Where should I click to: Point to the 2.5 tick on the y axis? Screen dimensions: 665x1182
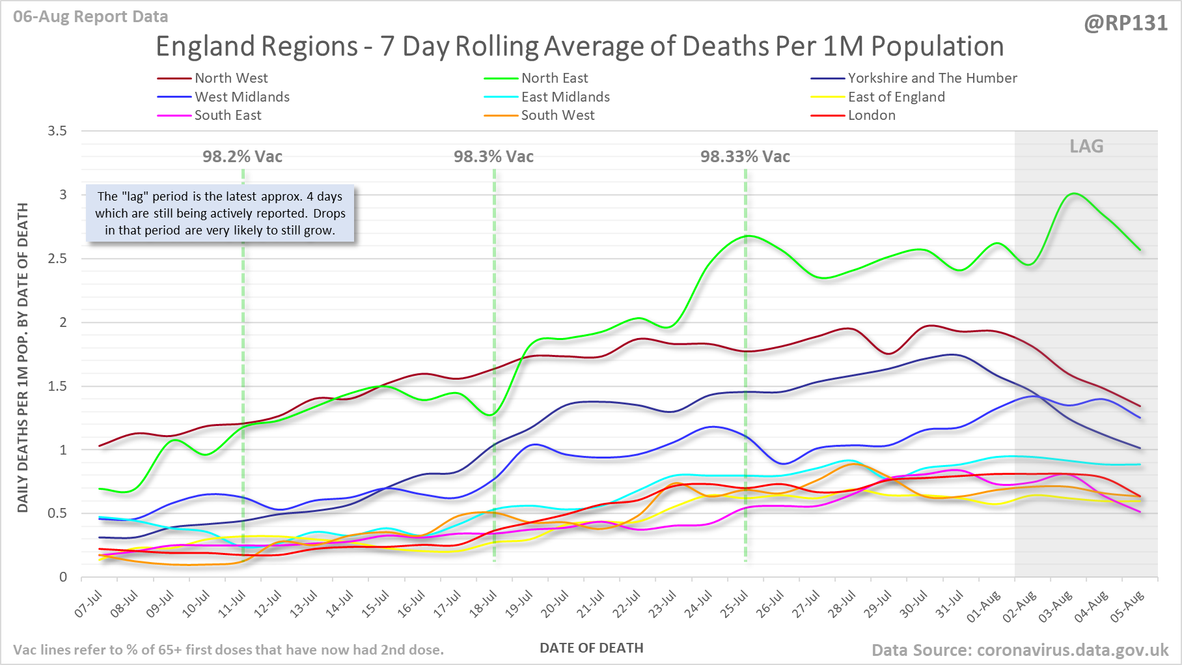point(58,259)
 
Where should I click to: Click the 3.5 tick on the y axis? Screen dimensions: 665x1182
point(58,131)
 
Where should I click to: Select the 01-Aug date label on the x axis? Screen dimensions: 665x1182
point(983,607)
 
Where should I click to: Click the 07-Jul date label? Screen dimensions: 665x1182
point(89,604)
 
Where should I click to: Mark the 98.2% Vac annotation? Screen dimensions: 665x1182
point(242,156)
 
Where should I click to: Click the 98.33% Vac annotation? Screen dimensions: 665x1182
point(745,156)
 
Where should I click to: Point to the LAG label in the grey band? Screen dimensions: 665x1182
point(1086,146)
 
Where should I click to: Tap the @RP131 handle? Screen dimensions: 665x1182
point(1125,23)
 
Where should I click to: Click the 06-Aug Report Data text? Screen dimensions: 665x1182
point(90,17)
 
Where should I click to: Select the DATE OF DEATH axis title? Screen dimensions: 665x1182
point(591,648)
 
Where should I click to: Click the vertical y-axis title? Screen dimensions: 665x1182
point(23,358)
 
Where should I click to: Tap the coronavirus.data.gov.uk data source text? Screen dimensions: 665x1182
point(1020,650)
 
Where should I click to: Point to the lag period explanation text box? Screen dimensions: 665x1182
point(220,213)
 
